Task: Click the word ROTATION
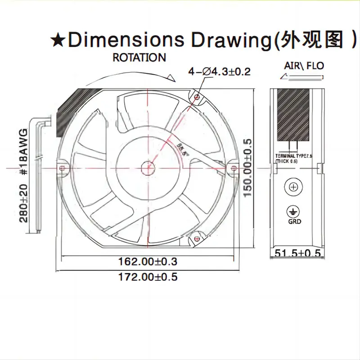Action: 139,58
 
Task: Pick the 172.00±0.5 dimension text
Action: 147,277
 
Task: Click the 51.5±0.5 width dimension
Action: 297,253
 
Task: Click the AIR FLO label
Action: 304,66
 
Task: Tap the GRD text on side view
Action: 295,221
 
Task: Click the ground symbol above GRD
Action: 294,211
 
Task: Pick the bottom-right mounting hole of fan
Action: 197,238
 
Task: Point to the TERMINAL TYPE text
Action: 293,156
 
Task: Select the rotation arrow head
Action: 170,77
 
